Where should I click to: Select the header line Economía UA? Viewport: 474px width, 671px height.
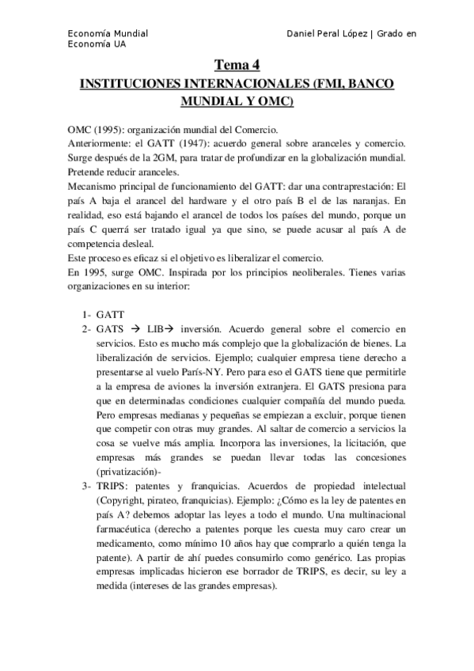coord(97,44)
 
